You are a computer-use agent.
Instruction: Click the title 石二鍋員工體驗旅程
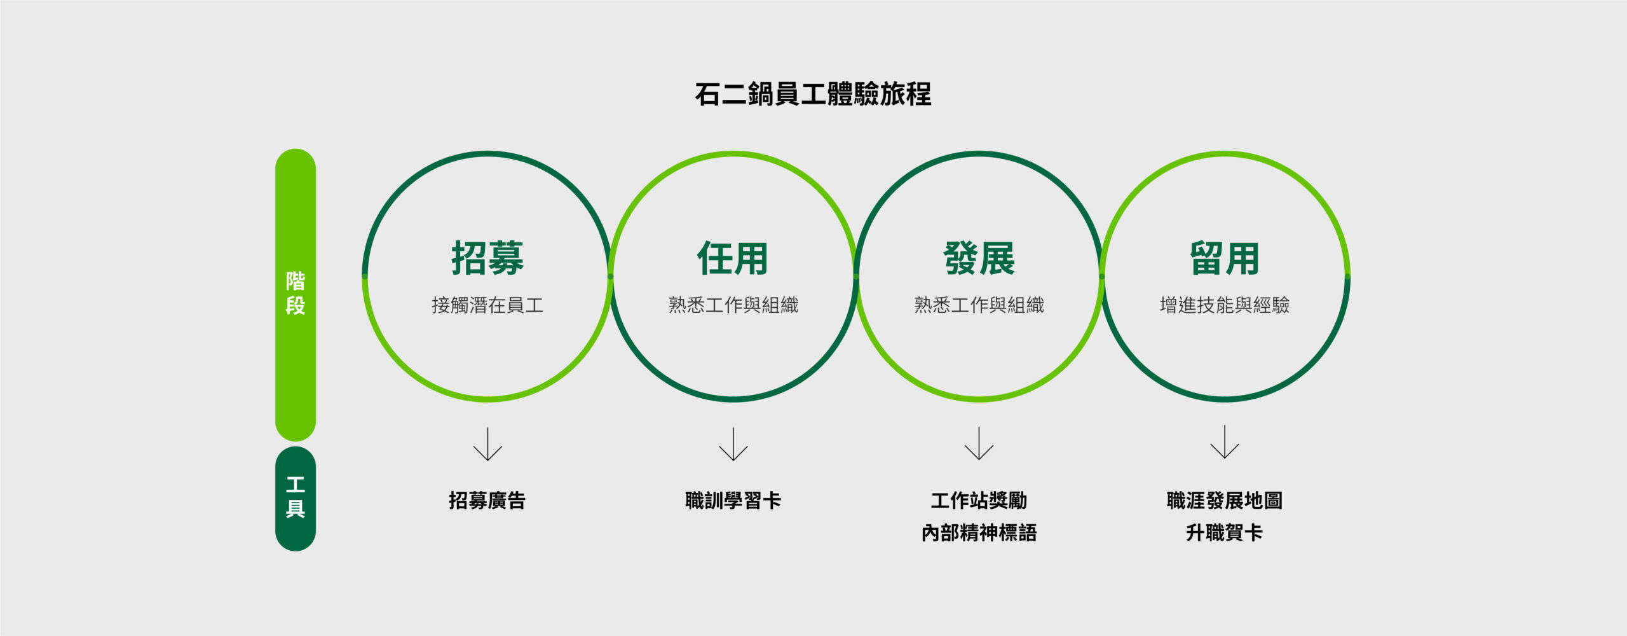[813, 94]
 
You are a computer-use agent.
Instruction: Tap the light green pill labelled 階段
[296, 294]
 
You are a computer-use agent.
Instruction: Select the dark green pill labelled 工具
[296, 499]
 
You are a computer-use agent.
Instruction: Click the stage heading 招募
[487, 258]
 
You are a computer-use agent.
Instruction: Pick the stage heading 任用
[733, 258]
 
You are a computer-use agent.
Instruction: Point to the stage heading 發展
[979, 258]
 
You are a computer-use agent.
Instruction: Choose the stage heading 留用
[1225, 258]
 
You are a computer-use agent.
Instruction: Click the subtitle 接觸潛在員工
[487, 305]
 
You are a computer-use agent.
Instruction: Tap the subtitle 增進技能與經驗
[1225, 305]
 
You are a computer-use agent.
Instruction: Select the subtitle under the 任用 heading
[733, 305]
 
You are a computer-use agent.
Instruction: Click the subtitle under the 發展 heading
[979, 305]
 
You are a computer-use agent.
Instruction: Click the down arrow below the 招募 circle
[487, 444]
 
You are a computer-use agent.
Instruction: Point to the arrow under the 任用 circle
[733, 444]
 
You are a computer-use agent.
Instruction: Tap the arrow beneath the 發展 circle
[979, 443]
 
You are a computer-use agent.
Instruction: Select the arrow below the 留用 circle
[1225, 442]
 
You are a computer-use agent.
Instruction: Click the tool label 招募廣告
[487, 501]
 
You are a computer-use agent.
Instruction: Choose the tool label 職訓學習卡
[733, 501]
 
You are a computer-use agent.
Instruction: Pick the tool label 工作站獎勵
[979, 501]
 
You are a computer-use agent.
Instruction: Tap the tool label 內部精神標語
[979, 533]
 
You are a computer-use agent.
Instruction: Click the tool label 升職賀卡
[1225, 533]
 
